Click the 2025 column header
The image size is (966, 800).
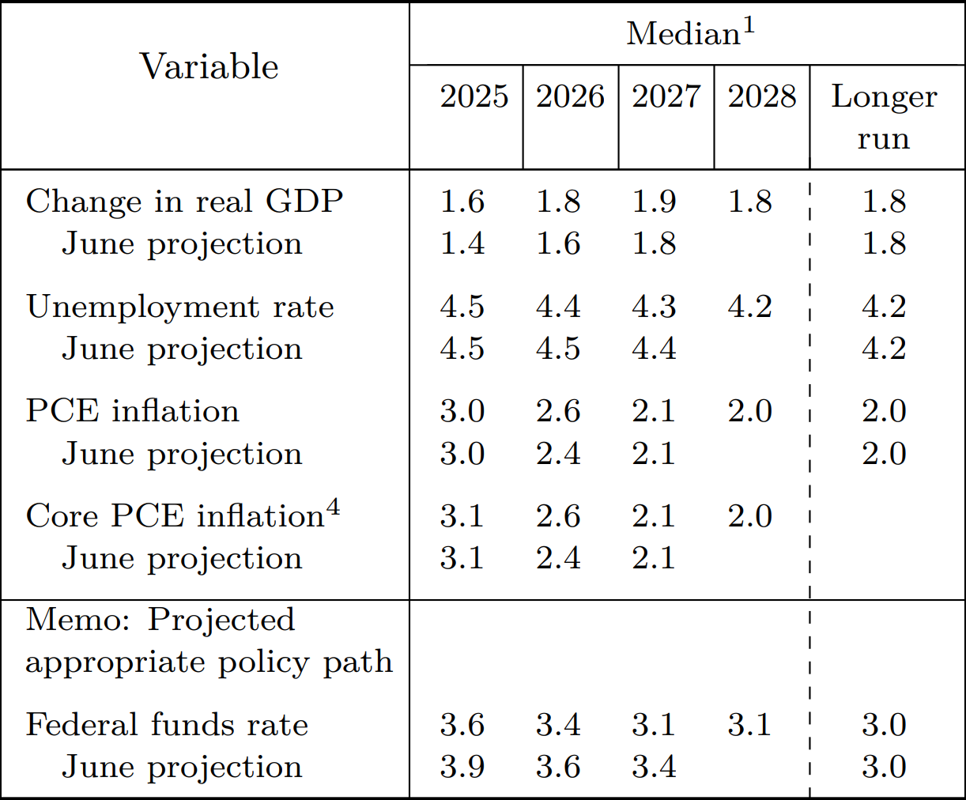tap(474, 96)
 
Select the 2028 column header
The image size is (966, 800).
tap(761, 96)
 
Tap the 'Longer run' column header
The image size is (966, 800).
tap(884, 117)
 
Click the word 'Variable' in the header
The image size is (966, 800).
tap(209, 66)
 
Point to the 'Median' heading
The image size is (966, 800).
tap(683, 34)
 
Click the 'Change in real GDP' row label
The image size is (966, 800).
tap(184, 202)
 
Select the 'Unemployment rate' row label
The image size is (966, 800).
tap(179, 307)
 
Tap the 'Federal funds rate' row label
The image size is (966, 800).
tap(167, 725)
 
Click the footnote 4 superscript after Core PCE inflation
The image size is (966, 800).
tap(334, 508)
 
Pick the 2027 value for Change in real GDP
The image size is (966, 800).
tap(654, 202)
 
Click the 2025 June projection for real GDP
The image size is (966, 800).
tap(462, 243)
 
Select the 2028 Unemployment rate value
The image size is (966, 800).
tap(749, 307)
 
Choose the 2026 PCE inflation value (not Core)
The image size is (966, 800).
tap(558, 411)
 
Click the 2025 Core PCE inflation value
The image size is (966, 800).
tap(462, 516)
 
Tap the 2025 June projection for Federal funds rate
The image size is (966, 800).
tap(462, 767)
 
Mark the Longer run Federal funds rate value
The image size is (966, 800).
tap(884, 725)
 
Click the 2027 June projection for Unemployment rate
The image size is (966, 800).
tap(654, 349)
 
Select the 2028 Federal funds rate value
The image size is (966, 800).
tap(749, 725)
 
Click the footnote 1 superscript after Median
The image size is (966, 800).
tap(748, 25)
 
